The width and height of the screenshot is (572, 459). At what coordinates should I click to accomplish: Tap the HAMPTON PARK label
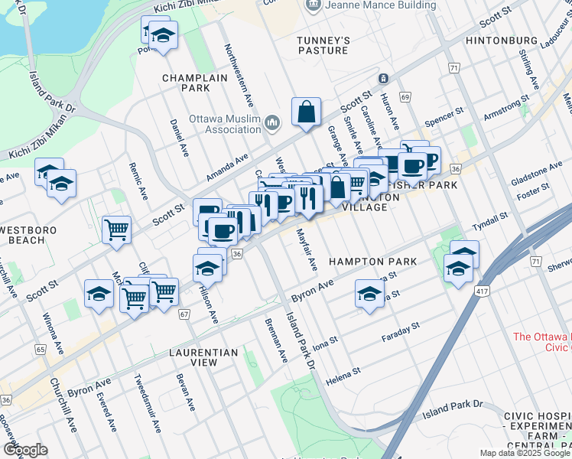[372, 262]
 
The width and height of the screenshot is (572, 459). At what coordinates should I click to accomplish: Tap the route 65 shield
[40, 349]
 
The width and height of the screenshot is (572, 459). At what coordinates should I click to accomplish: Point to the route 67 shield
[184, 314]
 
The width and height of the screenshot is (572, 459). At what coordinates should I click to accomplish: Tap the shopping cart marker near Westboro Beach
[116, 229]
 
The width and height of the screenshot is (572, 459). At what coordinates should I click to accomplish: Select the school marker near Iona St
[369, 294]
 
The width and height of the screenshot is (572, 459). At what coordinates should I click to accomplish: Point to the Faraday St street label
[401, 332]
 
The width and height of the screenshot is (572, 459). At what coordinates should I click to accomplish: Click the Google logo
[26, 450]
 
